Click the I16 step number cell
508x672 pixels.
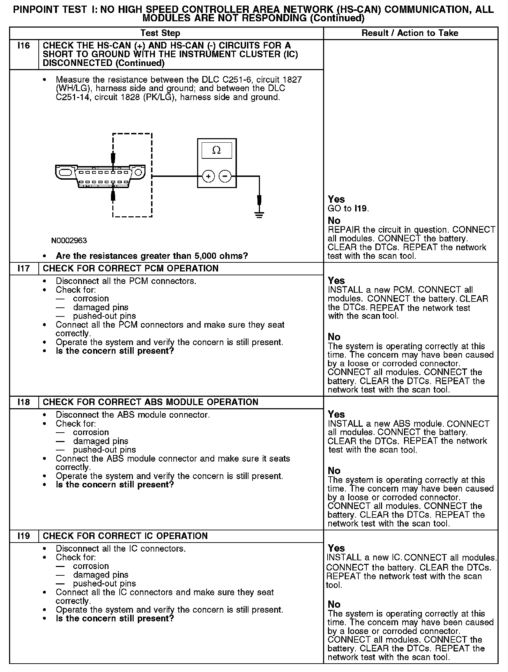[23, 46]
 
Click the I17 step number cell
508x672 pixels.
[23, 269]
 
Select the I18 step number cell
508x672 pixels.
[23, 402]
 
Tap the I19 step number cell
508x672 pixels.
[23, 536]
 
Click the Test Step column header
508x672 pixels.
[160, 33]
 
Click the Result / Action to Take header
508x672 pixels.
[410, 33]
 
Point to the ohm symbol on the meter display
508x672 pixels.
[216, 150]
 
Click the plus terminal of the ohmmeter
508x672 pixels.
[208, 177]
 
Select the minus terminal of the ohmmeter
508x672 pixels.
[225, 177]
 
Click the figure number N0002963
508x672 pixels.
[69, 241]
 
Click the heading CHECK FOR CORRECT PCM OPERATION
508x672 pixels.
[130, 269]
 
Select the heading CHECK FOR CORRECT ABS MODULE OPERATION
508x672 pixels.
[150, 402]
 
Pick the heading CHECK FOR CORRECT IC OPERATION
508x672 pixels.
[125, 536]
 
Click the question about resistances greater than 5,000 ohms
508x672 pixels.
[152, 256]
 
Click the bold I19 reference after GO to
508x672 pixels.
[361, 209]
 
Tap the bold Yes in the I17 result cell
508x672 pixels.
[336, 281]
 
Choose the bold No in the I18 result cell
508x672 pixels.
[334, 471]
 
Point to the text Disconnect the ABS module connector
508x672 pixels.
[133, 415]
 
